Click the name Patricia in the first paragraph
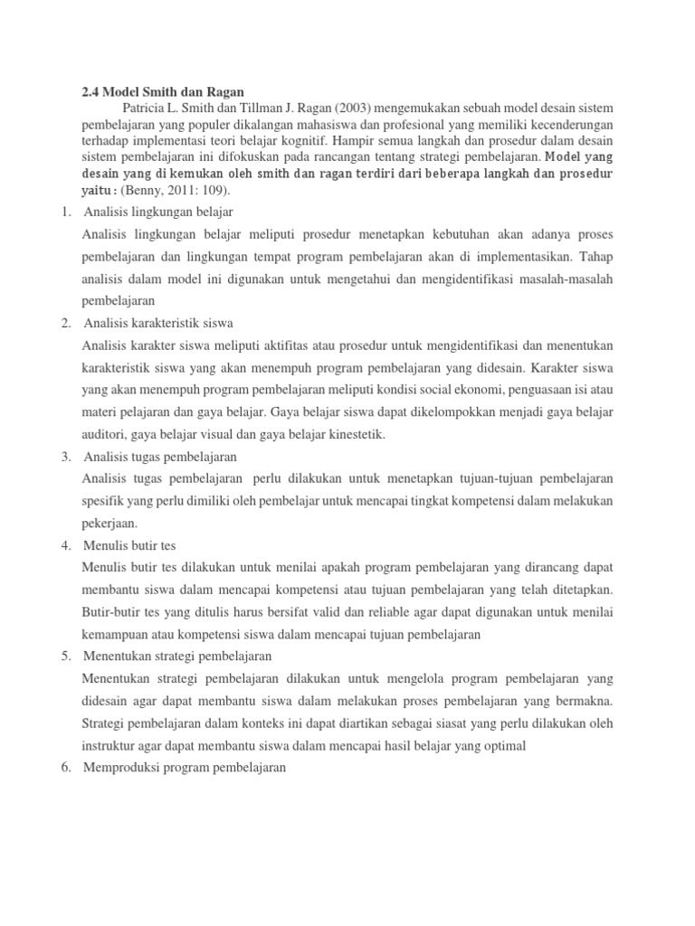click(x=147, y=107)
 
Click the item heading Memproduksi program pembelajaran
click(x=184, y=767)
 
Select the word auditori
click(x=105, y=434)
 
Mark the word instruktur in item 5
click(x=112, y=745)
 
